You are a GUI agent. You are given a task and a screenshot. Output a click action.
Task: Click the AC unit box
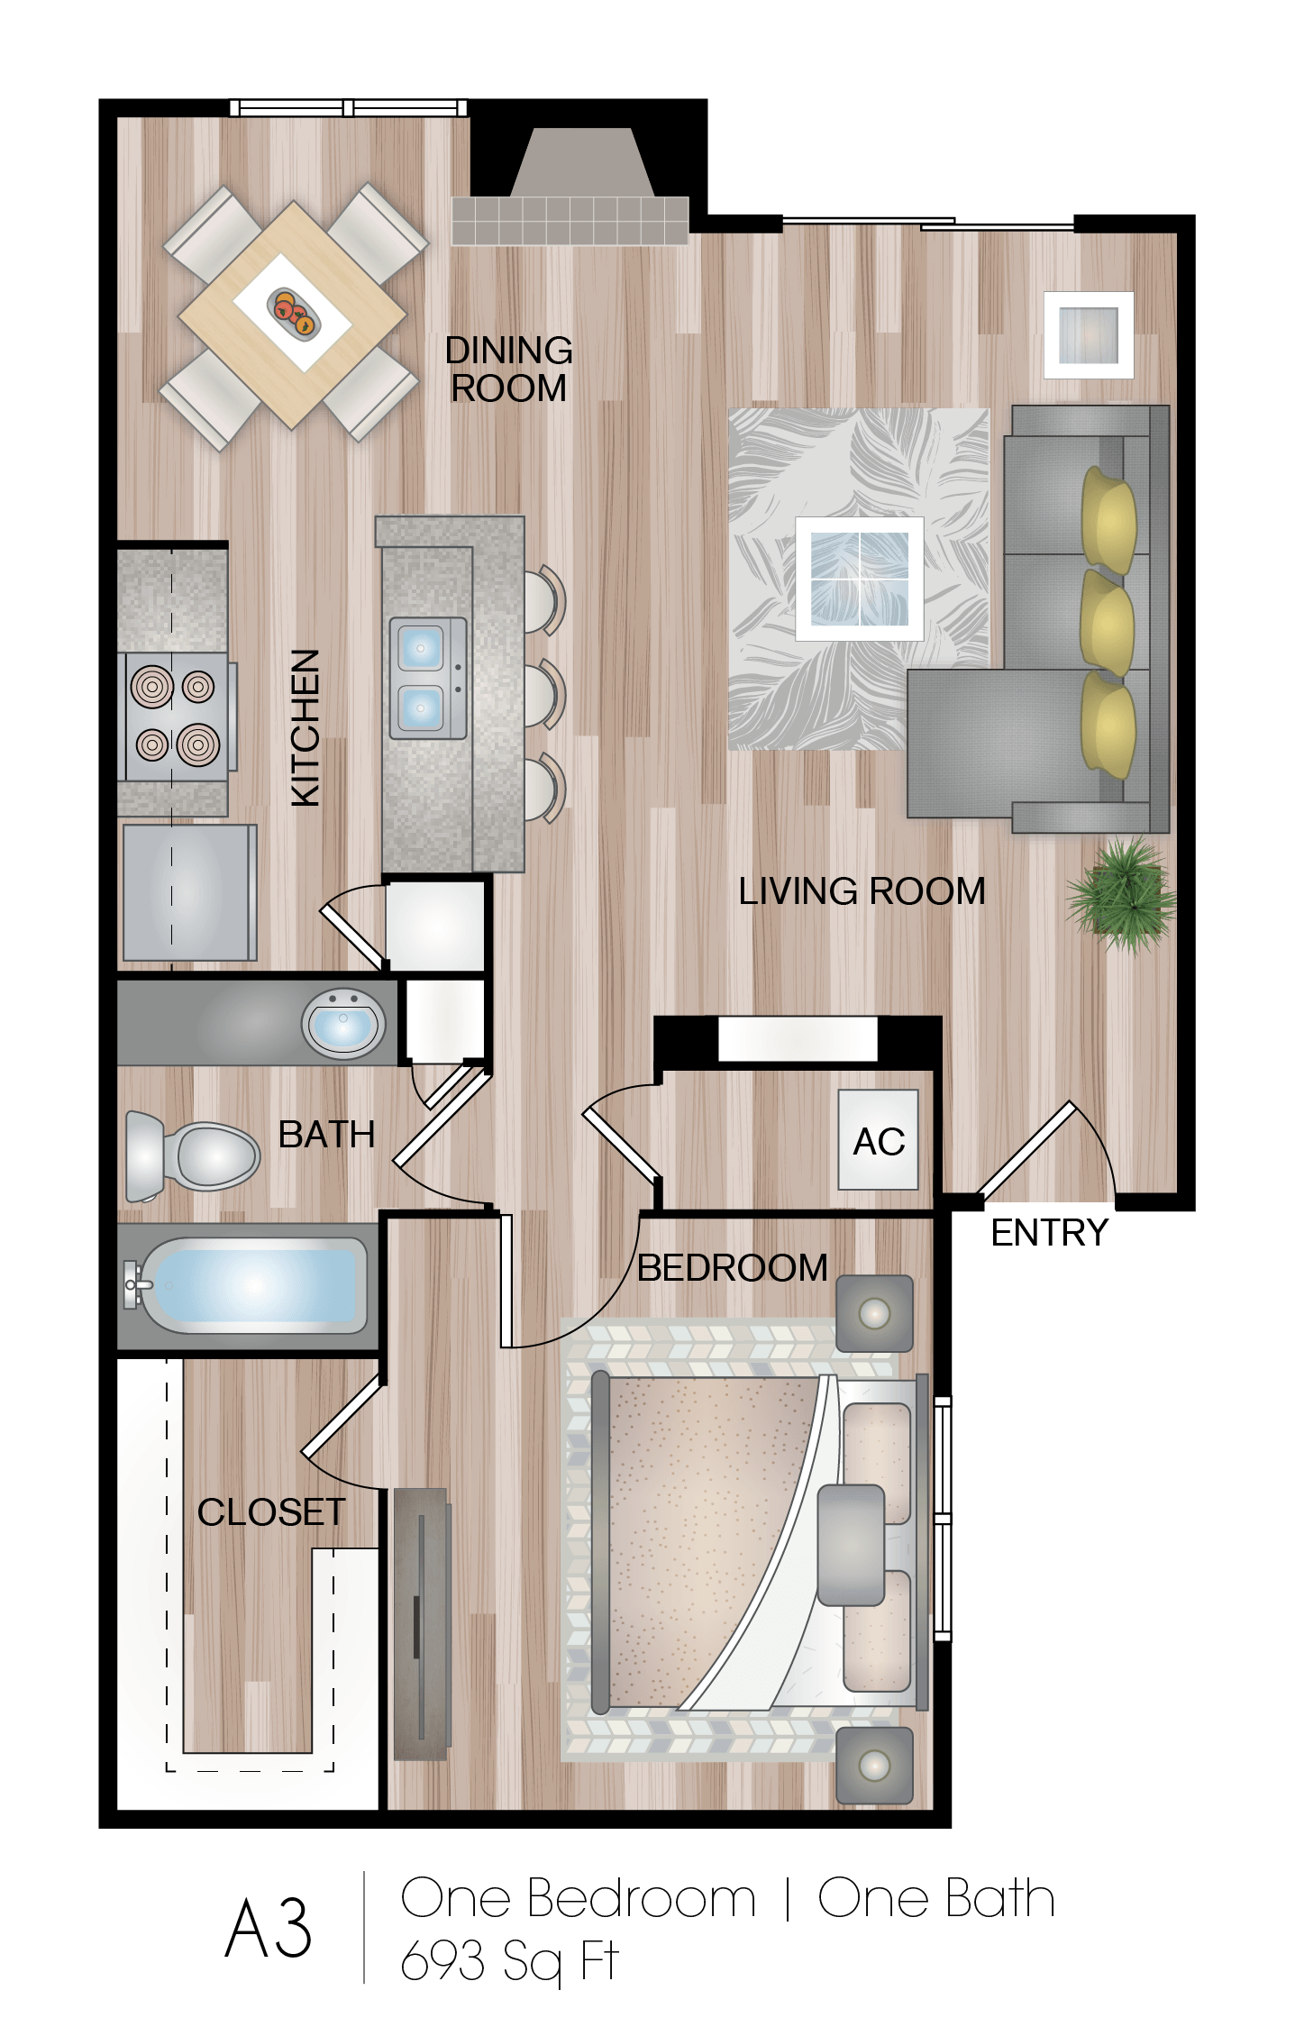pyautogui.click(x=878, y=1140)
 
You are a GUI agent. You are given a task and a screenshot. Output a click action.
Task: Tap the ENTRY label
pyautogui.click(x=1049, y=1232)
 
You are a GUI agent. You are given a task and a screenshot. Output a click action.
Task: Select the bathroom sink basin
pyautogui.click(x=343, y=1024)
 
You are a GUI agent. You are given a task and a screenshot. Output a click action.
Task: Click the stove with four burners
pyautogui.click(x=176, y=717)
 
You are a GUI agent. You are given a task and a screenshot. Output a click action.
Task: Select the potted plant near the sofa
pyautogui.click(x=1122, y=892)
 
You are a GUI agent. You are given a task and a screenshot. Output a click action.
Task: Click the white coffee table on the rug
pyautogui.click(x=859, y=579)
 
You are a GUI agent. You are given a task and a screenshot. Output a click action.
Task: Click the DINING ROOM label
pyautogui.click(x=509, y=370)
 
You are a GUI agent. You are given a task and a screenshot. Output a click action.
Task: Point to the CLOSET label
pyautogui.click(x=270, y=1512)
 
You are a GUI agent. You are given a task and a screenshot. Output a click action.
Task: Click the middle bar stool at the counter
pyautogui.click(x=543, y=694)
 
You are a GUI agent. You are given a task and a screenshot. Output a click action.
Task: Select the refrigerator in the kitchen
pyautogui.click(x=188, y=892)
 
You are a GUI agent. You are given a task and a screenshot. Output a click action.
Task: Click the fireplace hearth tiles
pyautogui.click(x=570, y=221)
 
